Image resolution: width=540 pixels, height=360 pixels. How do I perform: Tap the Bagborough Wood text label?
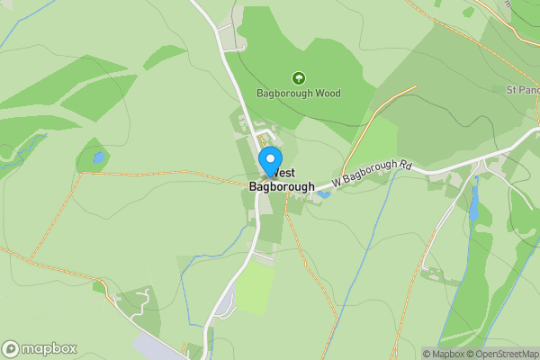point(298,94)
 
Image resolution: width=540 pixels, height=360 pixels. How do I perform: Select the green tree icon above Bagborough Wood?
point(298,78)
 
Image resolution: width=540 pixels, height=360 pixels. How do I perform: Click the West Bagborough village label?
point(283,180)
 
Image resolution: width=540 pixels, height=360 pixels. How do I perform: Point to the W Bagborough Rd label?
point(371,175)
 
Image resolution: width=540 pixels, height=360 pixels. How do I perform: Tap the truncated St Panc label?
point(522,90)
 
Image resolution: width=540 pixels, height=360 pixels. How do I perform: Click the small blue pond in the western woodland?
point(98,158)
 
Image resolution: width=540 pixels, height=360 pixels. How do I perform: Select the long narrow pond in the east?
point(473,204)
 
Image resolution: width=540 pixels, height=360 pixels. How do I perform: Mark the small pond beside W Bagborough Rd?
point(323,193)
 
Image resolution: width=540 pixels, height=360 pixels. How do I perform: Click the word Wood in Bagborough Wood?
point(327,94)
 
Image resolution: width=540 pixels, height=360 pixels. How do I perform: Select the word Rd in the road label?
point(406,166)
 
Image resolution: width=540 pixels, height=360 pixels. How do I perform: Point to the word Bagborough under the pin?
point(283,187)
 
